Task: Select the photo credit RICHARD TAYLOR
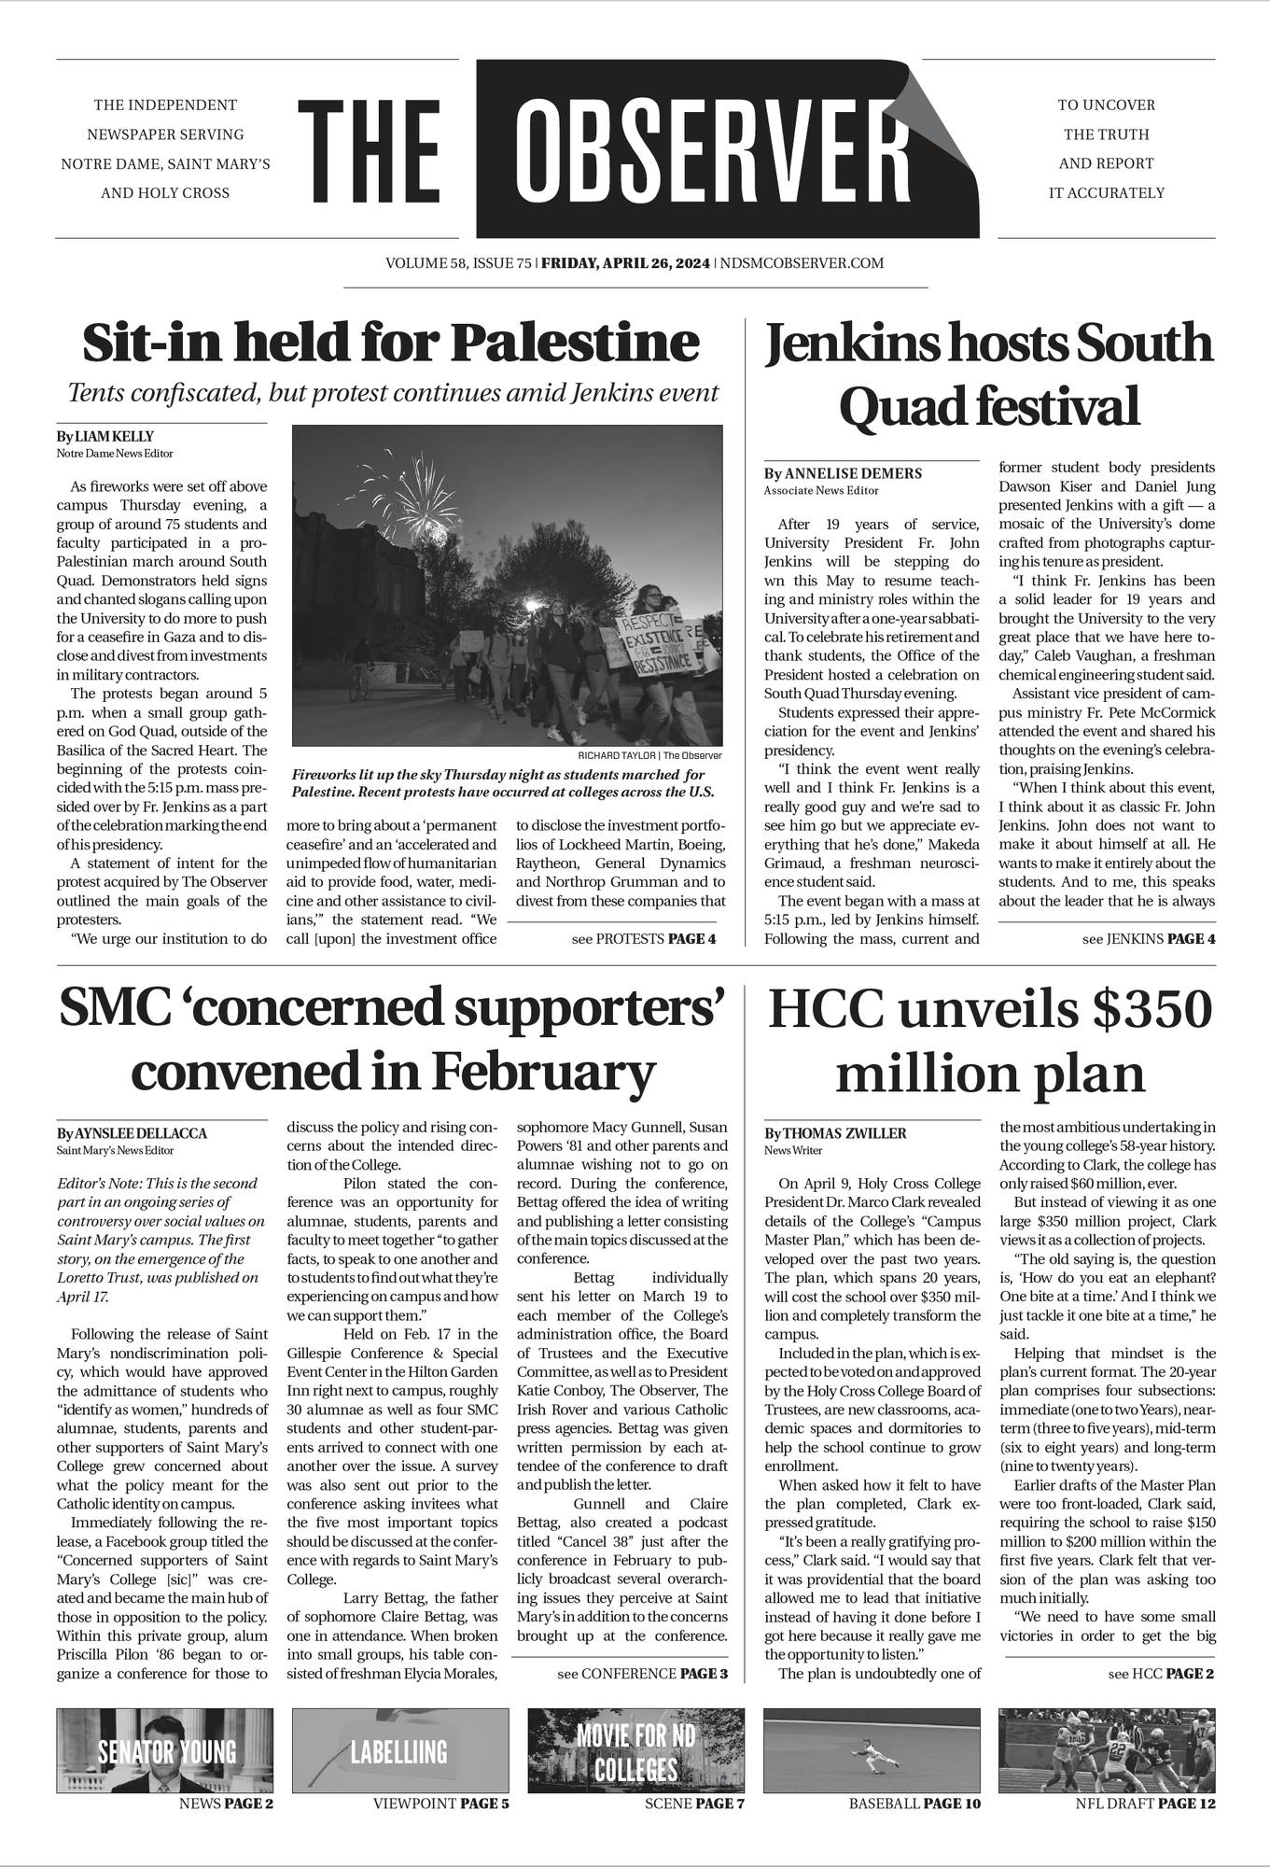(618, 755)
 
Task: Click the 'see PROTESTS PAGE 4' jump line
(643, 938)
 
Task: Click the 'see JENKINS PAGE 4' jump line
(1148, 938)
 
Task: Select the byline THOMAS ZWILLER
(847, 1133)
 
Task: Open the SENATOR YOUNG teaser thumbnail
(165, 1750)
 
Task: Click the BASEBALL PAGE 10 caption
(914, 1804)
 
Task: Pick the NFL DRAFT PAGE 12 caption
(1145, 1804)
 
